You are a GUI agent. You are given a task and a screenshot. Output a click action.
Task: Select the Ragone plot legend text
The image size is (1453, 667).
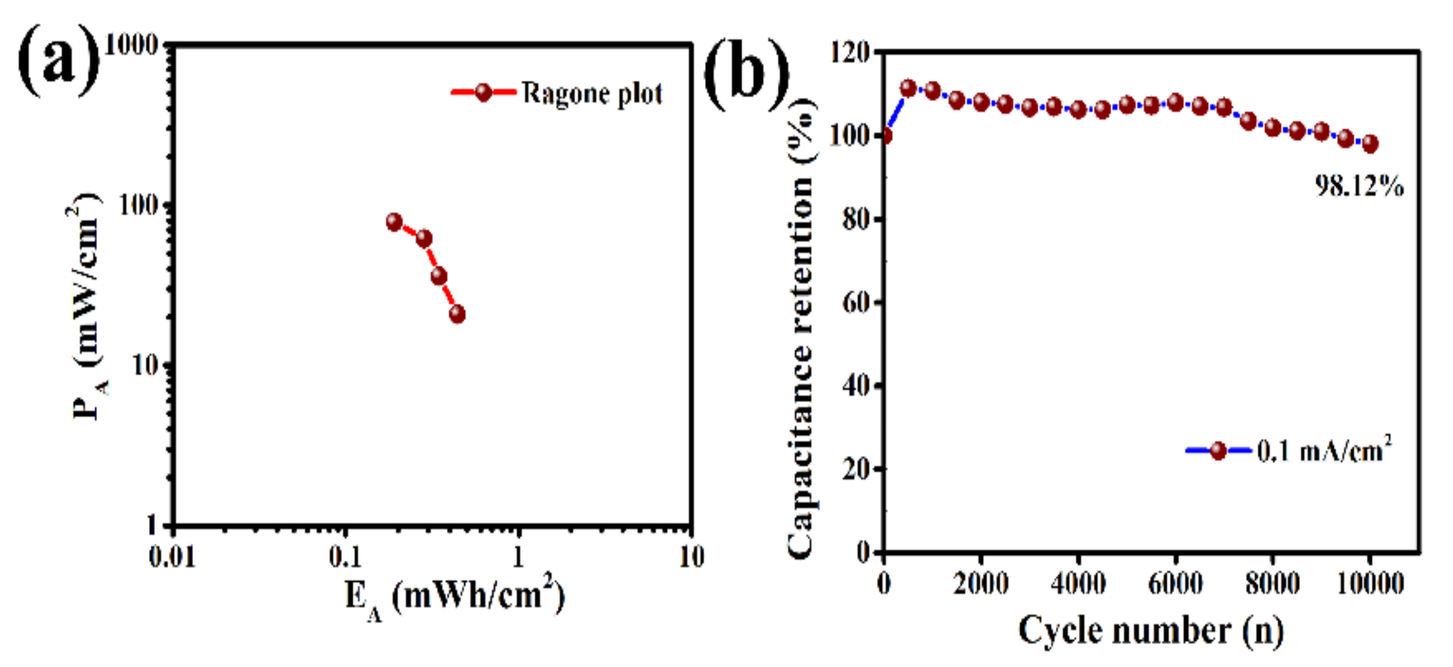592,93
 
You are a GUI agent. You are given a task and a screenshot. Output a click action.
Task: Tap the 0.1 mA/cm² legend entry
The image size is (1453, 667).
1325,451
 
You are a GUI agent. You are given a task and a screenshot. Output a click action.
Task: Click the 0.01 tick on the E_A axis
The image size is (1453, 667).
172,557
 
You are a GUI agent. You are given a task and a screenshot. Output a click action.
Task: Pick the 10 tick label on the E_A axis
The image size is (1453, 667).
691,557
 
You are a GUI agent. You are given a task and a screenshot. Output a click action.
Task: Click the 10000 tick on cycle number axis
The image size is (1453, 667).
1369,583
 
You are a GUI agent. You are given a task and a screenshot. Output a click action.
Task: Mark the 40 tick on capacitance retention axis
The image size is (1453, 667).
856,386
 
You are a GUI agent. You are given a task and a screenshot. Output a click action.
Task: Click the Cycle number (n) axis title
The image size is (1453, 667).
1151,630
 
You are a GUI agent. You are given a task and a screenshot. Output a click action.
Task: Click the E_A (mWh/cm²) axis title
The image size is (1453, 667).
455,598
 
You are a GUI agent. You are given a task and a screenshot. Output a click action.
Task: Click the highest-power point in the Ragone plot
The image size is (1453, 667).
394,222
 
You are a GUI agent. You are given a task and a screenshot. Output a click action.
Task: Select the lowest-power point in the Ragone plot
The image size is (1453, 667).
457,314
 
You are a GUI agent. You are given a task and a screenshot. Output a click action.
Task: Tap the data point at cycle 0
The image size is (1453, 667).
885,136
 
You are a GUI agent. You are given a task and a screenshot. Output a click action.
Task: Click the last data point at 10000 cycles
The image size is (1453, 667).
1370,143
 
